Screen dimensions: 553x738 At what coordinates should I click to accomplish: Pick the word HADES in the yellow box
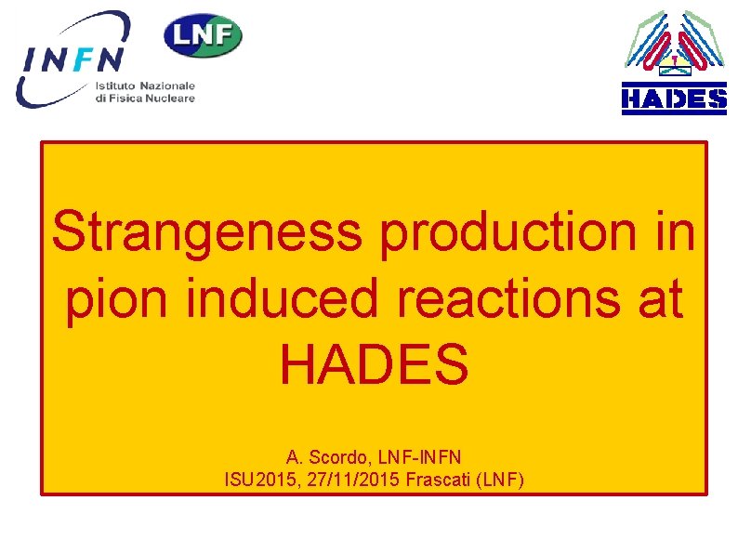coord(374,365)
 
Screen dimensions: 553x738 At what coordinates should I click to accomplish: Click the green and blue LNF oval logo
coord(203,35)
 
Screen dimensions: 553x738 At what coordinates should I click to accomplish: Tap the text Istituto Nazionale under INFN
coord(144,85)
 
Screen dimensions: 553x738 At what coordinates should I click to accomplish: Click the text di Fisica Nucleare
coord(144,98)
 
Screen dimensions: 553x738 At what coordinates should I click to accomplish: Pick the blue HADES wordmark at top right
coord(674,99)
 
